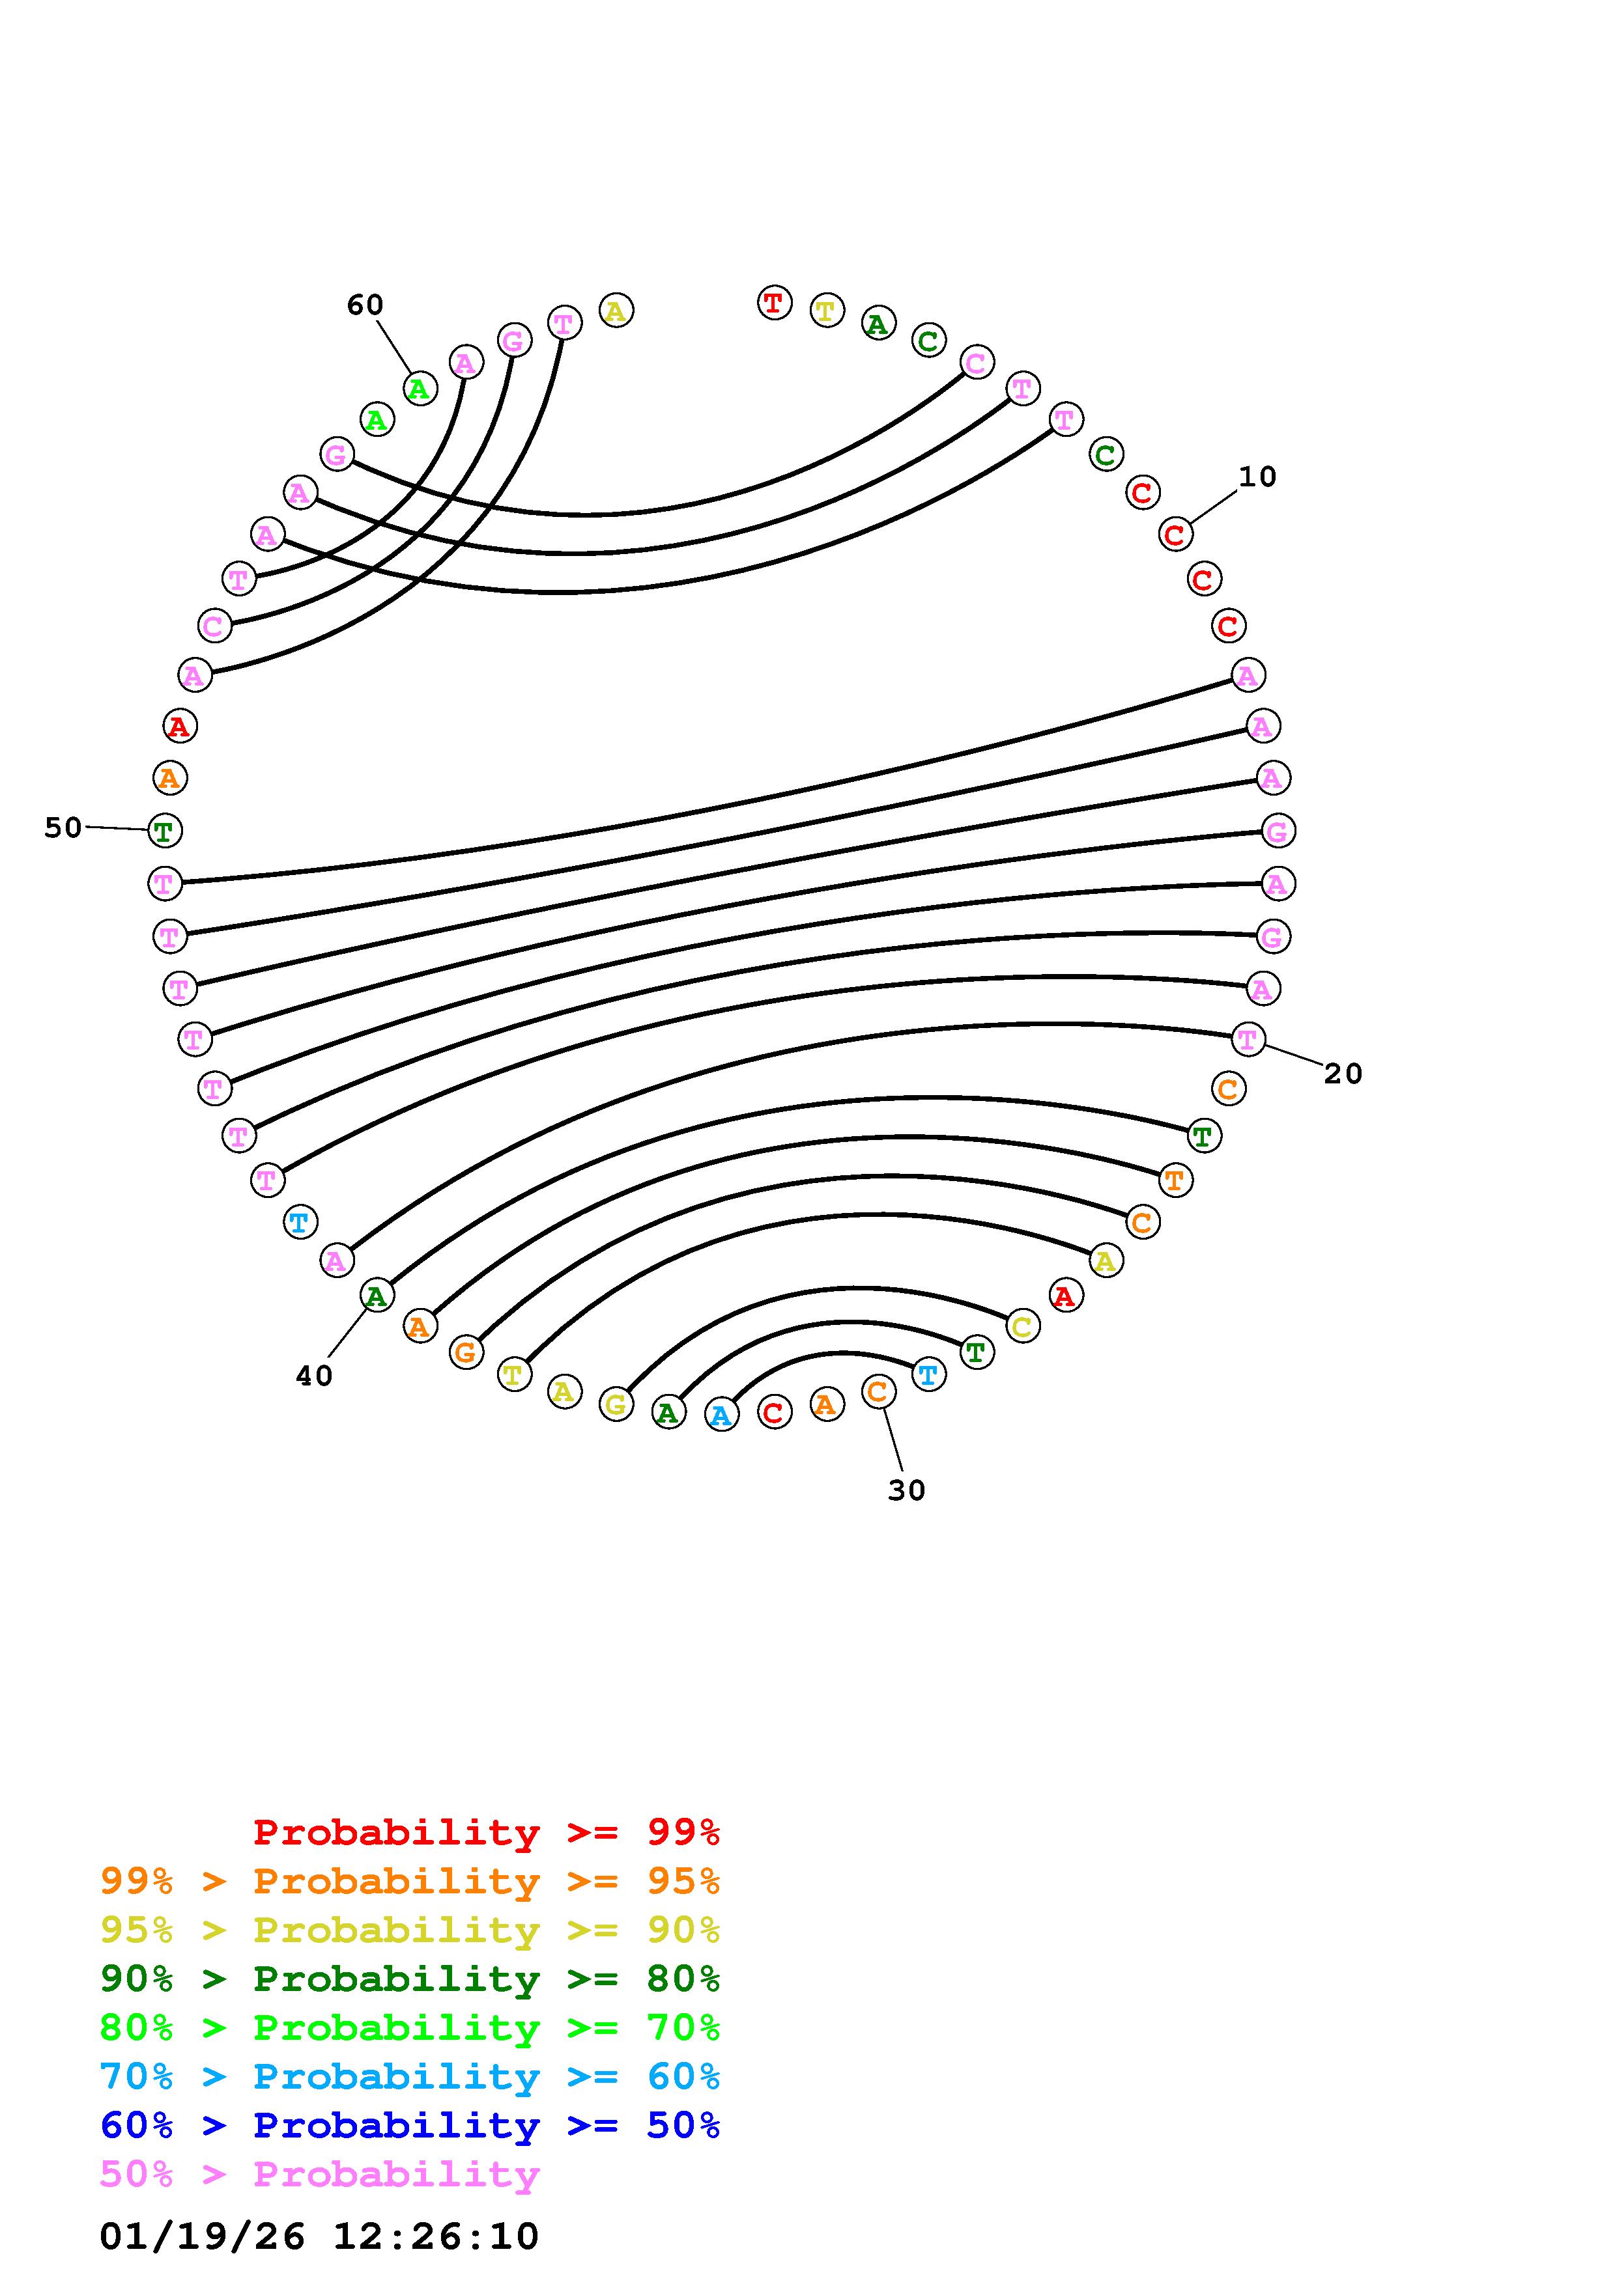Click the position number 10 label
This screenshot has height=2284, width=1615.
click(x=1257, y=477)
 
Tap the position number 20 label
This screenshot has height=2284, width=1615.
click(x=1342, y=1074)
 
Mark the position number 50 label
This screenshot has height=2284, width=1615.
click(x=63, y=828)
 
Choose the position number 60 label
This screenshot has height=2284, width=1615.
click(x=365, y=305)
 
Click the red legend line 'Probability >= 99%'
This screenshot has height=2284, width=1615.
click(x=487, y=1832)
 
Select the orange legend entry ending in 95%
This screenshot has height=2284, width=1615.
click(x=410, y=1881)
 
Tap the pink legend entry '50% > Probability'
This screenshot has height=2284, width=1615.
click(x=319, y=2173)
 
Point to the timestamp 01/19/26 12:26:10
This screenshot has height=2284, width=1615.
click(x=319, y=2235)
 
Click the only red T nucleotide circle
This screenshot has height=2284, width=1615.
click(x=774, y=302)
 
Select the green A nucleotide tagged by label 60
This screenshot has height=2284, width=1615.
click(x=420, y=388)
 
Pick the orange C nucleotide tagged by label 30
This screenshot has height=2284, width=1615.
click(x=878, y=1391)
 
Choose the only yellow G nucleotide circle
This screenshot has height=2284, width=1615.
click(x=616, y=1404)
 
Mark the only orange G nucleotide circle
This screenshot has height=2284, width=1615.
click(x=466, y=1352)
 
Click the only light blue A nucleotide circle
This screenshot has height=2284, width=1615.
click(x=721, y=1414)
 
